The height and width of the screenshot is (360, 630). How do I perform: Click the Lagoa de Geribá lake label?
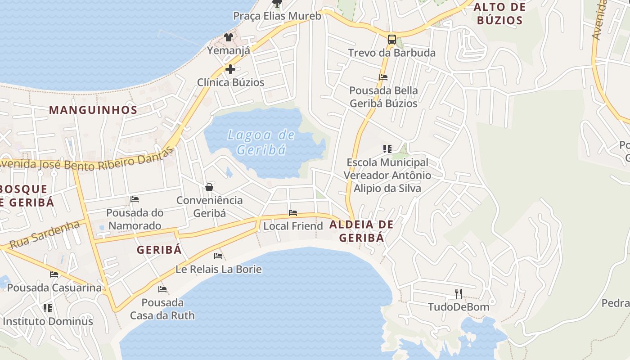261,142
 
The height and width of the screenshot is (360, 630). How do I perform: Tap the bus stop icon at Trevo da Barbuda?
392,40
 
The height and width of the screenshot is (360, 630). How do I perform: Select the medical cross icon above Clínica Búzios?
230,69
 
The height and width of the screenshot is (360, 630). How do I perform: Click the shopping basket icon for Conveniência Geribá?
209,187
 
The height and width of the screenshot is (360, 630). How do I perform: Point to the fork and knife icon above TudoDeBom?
459,294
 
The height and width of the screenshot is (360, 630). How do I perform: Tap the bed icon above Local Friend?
293,212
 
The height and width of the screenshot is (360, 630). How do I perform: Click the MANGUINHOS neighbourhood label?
93,110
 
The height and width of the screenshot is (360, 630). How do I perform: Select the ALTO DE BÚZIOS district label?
500,13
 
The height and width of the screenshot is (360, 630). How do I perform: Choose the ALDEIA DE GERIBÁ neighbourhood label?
362,231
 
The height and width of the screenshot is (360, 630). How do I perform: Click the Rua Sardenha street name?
45,235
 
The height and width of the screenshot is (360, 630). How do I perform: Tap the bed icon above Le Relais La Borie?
218,256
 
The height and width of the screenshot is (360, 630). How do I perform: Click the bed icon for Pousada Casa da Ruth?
162,289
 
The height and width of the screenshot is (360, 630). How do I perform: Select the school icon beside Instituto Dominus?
48,308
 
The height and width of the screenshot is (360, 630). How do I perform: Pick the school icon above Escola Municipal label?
387,148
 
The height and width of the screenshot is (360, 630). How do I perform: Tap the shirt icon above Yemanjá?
229,37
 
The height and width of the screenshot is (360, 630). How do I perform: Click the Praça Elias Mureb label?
277,16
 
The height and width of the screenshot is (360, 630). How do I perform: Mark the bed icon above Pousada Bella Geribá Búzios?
383,77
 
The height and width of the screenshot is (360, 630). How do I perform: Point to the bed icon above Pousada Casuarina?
54,274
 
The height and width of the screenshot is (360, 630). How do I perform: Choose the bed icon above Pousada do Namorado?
134,199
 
